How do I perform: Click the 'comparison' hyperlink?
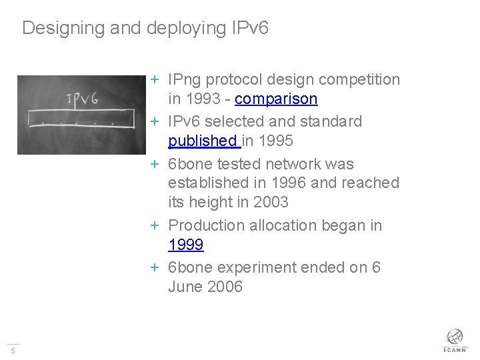coord(276,99)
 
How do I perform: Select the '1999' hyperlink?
coord(186,245)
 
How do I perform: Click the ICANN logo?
coord(455,341)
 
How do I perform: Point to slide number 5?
coord(13,351)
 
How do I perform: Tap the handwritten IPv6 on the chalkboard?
coord(83,99)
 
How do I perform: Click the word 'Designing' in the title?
coord(63,28)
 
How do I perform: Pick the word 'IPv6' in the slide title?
coord(250,27)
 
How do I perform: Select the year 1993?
coord(203,99)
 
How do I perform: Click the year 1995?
coord(276,141)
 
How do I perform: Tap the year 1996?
coord(289,183)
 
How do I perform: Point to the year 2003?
coord(271,202)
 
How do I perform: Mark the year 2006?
coord(225,287)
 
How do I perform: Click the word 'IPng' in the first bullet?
coord(184,80)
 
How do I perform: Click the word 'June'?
coord(185,287)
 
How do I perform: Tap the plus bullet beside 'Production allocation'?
coord(155,226)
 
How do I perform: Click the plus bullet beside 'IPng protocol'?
coord(155,79)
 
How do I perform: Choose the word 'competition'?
coord(359,80)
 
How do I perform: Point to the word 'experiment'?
coord(257,268)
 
